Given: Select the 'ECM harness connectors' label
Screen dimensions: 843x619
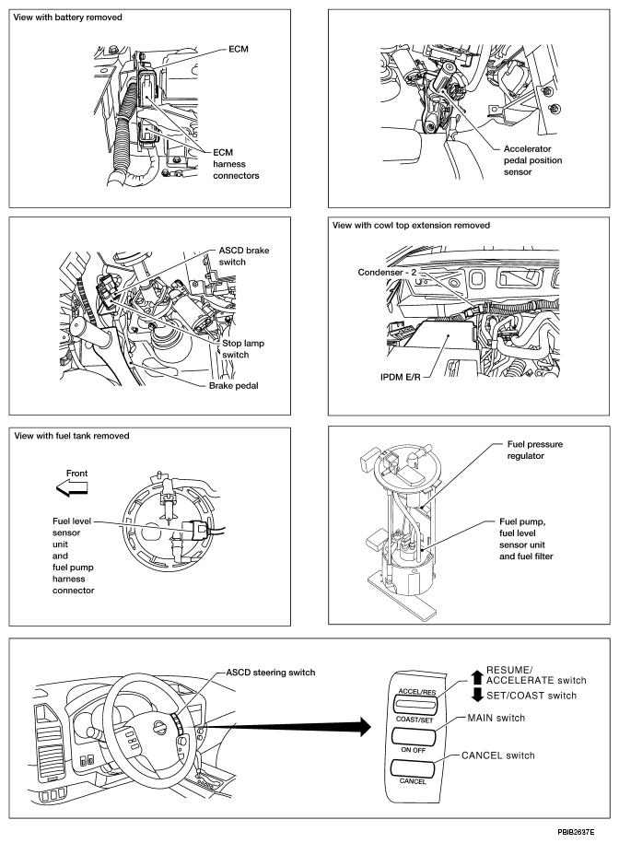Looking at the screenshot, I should pyautogui.click(x=238, y=164).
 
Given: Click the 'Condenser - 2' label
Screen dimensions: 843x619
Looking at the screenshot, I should pyautogui.click(x=391, y=272).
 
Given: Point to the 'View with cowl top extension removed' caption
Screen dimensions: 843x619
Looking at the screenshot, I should pyautogui.click(x=410, y=225).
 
